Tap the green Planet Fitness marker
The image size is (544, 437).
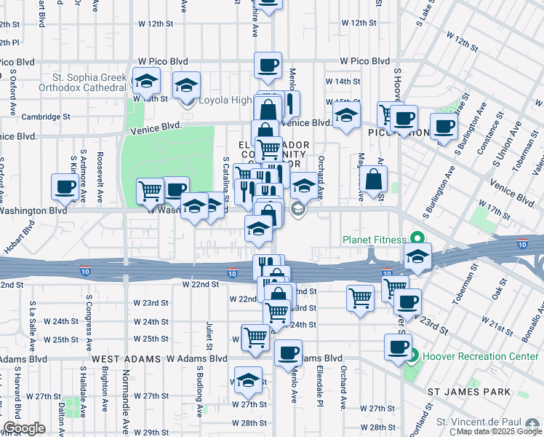(x=417, y=239)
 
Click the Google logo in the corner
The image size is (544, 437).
(x=24, y=428)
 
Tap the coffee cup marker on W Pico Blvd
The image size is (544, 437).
(x=268, y=66)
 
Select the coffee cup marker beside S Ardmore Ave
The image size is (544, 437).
(x=65, y=187)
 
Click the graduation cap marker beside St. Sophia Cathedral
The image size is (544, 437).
(x=146, y=80)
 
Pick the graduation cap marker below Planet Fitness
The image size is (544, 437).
(x=418, y=256)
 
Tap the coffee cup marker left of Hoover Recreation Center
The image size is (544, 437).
(x=398, y=347)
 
